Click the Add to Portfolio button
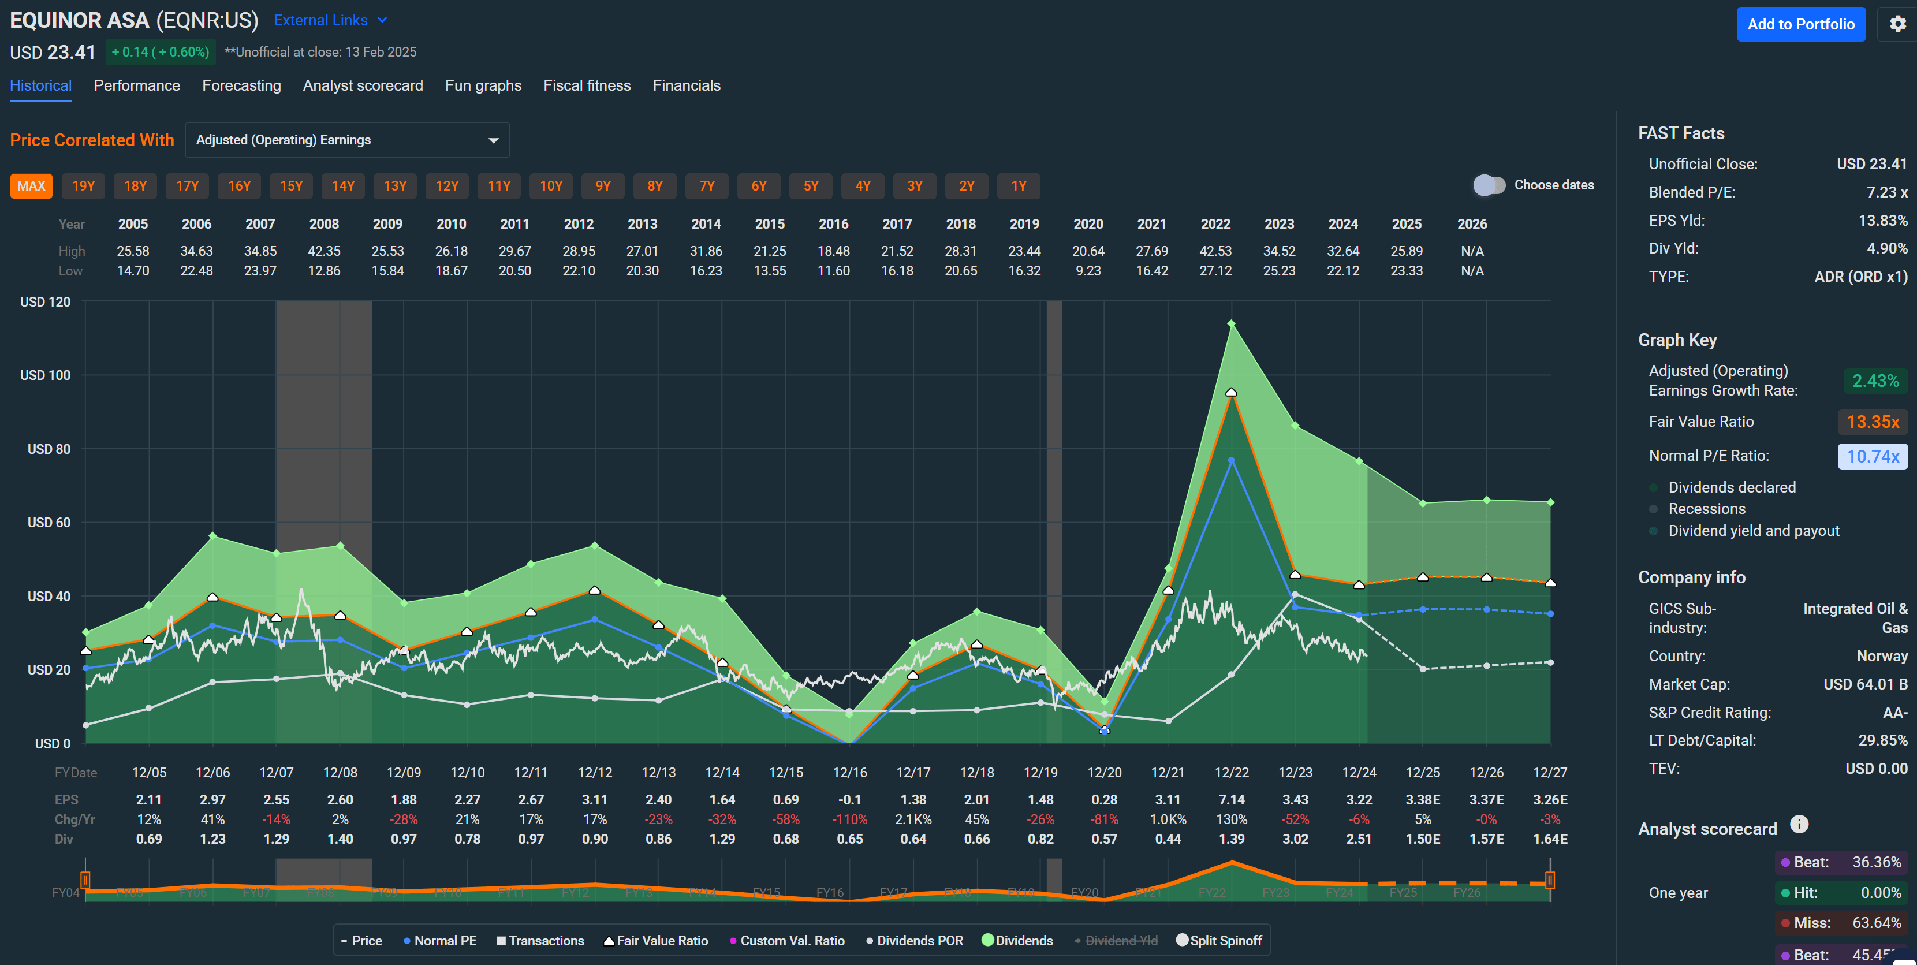pos(1800,25)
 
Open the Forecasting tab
pos(241,85)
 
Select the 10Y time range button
pos(551,186)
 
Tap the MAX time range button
pos(31,186)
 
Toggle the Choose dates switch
pos(1489,185)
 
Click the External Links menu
pos(330,20)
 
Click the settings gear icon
pos(1897,24)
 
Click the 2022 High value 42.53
pos(1215,251)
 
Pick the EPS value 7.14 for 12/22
pos(1231,800)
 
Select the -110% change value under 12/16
pos(849,819)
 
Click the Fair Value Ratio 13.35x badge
pos(1873,422)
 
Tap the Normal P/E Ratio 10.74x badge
pos(1873,456)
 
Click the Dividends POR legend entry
pos(915,940)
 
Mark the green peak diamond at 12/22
pos(1232,323)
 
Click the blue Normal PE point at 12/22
pos(1232,460)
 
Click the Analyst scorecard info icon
pos(1799,825)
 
